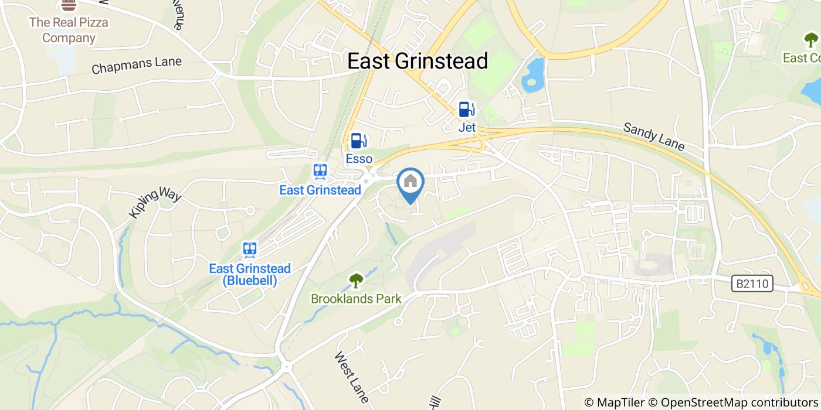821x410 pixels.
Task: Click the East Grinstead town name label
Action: tap(418, 61)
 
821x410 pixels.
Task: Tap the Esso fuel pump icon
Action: tap(359, 141)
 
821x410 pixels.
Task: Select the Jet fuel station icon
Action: tap(467, 110)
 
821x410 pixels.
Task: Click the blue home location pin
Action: tap(410, 183)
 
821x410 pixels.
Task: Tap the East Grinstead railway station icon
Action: tap(320, 172)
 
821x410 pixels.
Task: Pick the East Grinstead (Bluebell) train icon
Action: tap(250, 250)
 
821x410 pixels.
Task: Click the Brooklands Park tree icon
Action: tap(356, 281)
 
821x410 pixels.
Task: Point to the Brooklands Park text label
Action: tap(356, 299)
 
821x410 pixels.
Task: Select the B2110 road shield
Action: tap(752, 284)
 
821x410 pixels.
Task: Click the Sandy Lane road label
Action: tap(653, 136)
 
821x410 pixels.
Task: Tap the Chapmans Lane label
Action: tap(137, 65)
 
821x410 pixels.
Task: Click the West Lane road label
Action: tap(352, 377)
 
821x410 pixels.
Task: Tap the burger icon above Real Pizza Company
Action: tap(69, 5)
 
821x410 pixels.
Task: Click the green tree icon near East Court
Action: tap(811, 40)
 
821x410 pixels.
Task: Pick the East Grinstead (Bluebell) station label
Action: tap(250, 274)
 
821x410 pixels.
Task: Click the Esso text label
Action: tap(359, 159)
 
